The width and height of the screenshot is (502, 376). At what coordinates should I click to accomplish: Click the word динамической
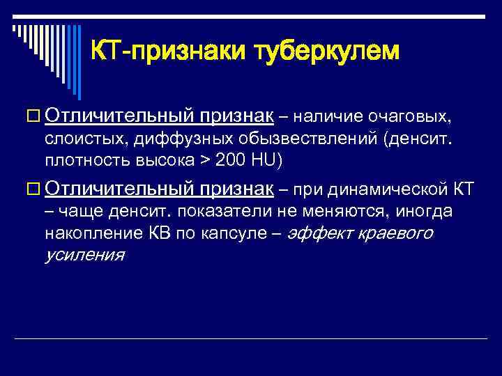tap(395, 190)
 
